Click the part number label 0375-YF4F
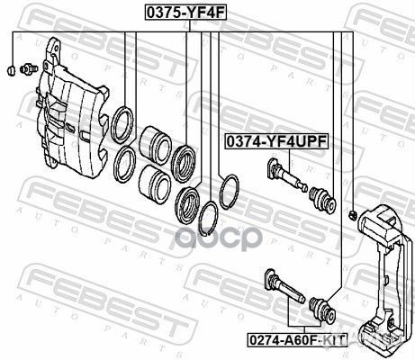coord(185,13)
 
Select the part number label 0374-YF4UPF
coord(276,141)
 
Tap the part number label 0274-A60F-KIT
coord(297,340)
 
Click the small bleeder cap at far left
coord(12,70)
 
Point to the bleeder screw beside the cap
coord(29,69)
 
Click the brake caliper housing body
coord(72,108)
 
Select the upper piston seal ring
coord(122,125)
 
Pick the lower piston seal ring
coord(125,165)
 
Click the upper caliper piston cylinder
coord(156,145)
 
